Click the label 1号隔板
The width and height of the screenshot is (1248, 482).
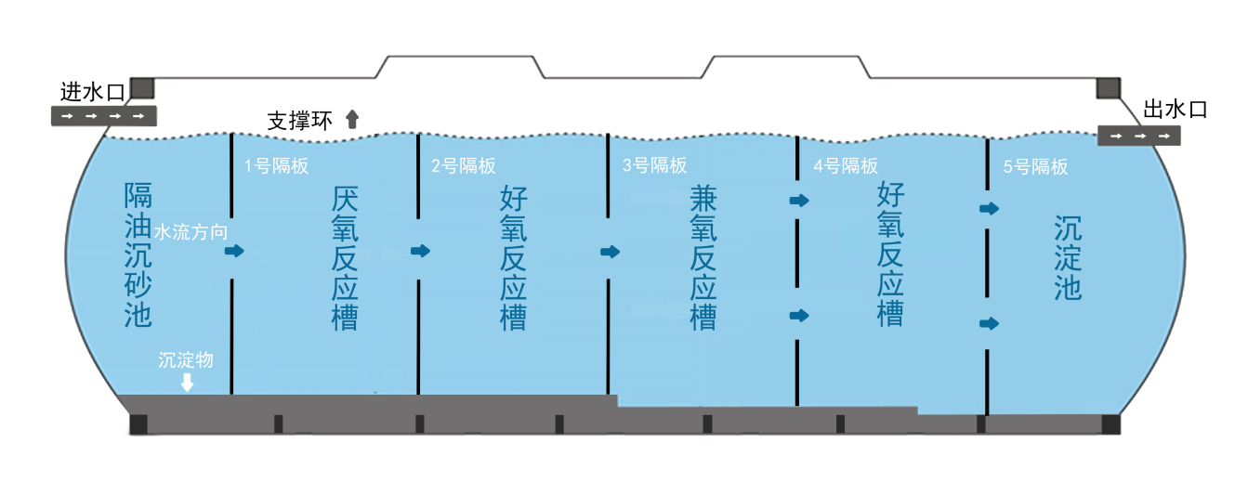(276, 166)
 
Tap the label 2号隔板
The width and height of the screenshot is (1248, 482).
(464, 166)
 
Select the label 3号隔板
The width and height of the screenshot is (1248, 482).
(654, 165)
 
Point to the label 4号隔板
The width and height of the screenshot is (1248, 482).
(846, 166)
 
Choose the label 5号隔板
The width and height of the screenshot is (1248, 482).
(1035, 167)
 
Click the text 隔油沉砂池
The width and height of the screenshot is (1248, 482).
(138, 255)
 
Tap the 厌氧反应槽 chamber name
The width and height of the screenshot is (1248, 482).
(345, 258)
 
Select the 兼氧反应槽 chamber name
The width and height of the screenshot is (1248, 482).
(703, 258)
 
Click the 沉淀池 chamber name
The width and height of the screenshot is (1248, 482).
(1068, 258)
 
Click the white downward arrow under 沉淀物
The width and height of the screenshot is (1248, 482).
(187, 382)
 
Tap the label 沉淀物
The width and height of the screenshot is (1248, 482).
(186, 359)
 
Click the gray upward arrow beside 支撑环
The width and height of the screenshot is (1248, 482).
(352, 118)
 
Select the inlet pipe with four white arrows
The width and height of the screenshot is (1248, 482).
(103, 116)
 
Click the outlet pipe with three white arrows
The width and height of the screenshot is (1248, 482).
(1139, 136)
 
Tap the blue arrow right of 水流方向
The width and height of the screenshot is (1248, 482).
(234, 251)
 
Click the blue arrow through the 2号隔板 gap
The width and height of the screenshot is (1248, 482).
(421, 251)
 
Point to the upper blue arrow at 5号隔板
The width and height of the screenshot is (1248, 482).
(989, 209)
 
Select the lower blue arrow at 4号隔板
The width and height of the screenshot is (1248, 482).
(798, 316)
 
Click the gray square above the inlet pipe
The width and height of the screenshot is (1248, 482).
(141, 88)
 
